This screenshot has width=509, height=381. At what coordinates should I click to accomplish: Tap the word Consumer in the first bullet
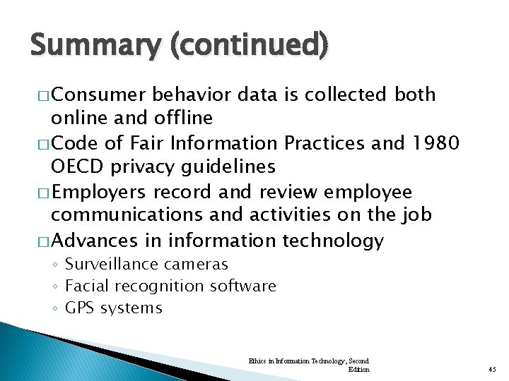[99, 95]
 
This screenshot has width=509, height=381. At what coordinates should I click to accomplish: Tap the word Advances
[95, 241]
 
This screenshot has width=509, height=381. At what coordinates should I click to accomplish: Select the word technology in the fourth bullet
[333, 241]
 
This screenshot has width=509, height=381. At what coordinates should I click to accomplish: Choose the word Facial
[86, 286]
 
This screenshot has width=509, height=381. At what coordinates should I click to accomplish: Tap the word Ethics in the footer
[257, 361]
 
